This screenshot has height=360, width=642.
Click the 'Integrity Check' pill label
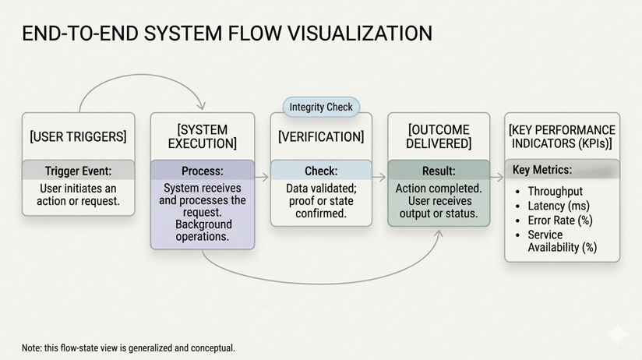[x=321, y=108]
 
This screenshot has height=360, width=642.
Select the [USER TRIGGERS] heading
[x=78, y=137]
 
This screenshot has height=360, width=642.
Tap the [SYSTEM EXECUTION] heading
[x=203, y=136]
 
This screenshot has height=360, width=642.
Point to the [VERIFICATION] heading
[x=321, y=137]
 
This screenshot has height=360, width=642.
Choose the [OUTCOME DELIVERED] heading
[x=439, y=136]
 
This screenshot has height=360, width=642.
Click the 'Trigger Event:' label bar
[x=78, y=171]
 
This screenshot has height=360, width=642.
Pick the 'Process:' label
[x=203, y=171]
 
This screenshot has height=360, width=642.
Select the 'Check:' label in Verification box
[x=321, y=171]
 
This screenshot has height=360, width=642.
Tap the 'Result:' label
[x=439, y=171]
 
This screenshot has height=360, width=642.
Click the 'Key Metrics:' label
[x=542, y=170]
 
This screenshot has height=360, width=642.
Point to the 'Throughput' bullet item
[x=555, y=192]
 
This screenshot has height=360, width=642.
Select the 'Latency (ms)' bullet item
[x=559, y=206]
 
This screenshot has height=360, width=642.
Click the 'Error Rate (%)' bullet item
[x=560, y=221]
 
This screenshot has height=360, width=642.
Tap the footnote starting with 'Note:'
[x=129, y=348]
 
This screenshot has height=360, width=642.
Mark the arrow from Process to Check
[x=262, y=178]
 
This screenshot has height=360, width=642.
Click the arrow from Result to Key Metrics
[x=497, y=178]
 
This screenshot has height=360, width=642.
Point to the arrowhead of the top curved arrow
[x=202, y=105]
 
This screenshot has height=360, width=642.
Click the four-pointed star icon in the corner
[x=618, y=334]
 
